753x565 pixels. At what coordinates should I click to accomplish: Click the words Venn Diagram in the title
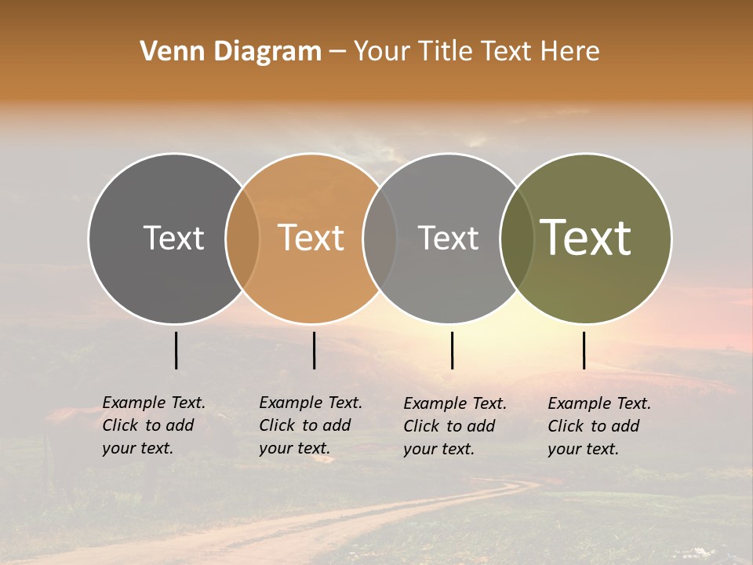click(x=231, y=52)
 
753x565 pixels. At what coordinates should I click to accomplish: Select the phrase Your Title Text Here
click(x=476, y=52)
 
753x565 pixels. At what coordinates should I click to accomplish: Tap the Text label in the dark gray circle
click(x=173, y=238)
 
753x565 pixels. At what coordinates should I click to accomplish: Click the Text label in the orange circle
click(x=311, y=238)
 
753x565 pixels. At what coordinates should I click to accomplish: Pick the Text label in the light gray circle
click(x=448, y=238)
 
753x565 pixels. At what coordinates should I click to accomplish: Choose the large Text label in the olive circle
click(x=586, y=238)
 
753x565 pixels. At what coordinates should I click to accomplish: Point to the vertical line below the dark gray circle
click(x=176, y=350)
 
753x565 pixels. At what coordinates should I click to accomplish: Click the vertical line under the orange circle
click(x=314, y=350)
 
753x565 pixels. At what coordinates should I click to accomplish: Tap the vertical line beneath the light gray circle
click(x=452, y=350)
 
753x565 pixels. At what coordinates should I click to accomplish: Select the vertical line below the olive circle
click(x=584, y=350)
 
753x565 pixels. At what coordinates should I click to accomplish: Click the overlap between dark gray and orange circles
click(x=242, y=238)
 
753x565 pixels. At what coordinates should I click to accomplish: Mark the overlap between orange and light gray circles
click(x=380, y=238)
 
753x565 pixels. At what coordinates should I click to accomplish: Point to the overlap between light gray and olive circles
click(x=516, y=238)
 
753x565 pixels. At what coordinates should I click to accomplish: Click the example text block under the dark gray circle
click(x=154, y=425)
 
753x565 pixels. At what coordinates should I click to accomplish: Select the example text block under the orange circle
click(x=311, y=425)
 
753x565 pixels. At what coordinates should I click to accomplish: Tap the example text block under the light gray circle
click(x=455, y=426)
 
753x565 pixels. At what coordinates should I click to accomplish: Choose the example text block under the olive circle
click(x=599, y=426)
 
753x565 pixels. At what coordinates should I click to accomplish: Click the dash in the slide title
click(x=337, y=52)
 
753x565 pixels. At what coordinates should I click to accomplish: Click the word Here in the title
click(x=570, y=52)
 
